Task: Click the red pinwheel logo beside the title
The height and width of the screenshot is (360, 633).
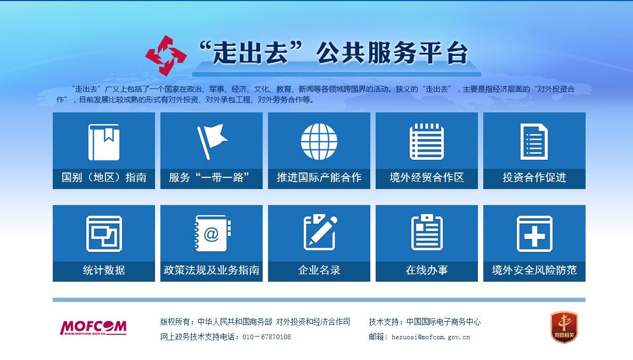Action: [166, 55]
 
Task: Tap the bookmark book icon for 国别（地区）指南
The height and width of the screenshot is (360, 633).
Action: [104, 142]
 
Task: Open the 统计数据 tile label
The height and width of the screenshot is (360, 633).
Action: [104, 271]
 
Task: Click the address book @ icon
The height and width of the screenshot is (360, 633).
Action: [212, 234]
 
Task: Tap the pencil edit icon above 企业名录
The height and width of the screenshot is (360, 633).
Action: [320, 233]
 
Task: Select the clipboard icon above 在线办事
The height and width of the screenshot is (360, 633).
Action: [427, 233]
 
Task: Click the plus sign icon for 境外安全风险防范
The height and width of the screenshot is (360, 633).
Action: [534, 234]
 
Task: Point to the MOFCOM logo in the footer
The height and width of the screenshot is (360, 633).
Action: [93, 328]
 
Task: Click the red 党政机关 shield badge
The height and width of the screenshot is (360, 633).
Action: [564, 327]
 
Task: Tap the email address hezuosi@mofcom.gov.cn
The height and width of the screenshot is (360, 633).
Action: [431, 337]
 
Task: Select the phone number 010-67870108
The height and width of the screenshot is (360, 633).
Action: [266, 337]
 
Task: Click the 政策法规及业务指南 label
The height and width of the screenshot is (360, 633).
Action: [212, 271]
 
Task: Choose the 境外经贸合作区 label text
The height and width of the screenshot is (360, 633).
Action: [427, 178]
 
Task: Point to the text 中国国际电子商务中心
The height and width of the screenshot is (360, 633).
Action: [443, 322]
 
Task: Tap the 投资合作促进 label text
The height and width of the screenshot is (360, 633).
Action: [534, 178]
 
